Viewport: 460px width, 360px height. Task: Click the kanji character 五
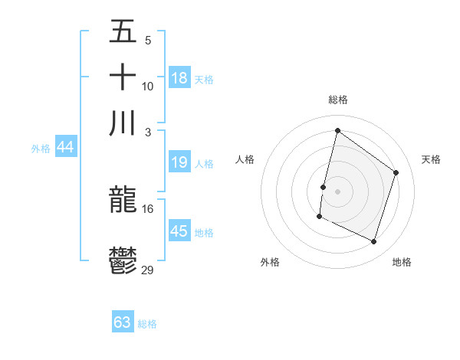coord(123,33)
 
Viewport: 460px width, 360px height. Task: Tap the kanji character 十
coord(123,77)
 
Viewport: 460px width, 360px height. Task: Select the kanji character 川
coord(123,123)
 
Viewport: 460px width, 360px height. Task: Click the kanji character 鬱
coord(123,261)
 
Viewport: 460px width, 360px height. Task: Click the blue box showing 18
coord(179,78)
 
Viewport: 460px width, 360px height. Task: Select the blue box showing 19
coord(179,162)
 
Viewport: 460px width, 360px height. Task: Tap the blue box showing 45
coord(179,231)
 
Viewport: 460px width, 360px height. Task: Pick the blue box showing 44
coord(66,148)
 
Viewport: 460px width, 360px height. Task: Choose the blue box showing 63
coord(123,322)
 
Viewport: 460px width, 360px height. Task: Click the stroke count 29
coord(148,270)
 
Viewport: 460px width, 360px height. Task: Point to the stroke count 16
coord(148,208)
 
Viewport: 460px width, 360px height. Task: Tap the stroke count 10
coord(148,87)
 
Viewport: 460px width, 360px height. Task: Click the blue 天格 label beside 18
coord(204,80)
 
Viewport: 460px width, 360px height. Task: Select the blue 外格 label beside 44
coord(41,149)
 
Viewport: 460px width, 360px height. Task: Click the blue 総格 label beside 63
coord(147,324)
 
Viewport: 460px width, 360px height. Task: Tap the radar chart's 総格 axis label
coord(338,100)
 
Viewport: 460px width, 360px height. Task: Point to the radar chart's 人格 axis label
coord(245,159)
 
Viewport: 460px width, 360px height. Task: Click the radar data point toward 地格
coord(373,242)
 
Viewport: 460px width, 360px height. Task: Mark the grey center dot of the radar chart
coord(337,191)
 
